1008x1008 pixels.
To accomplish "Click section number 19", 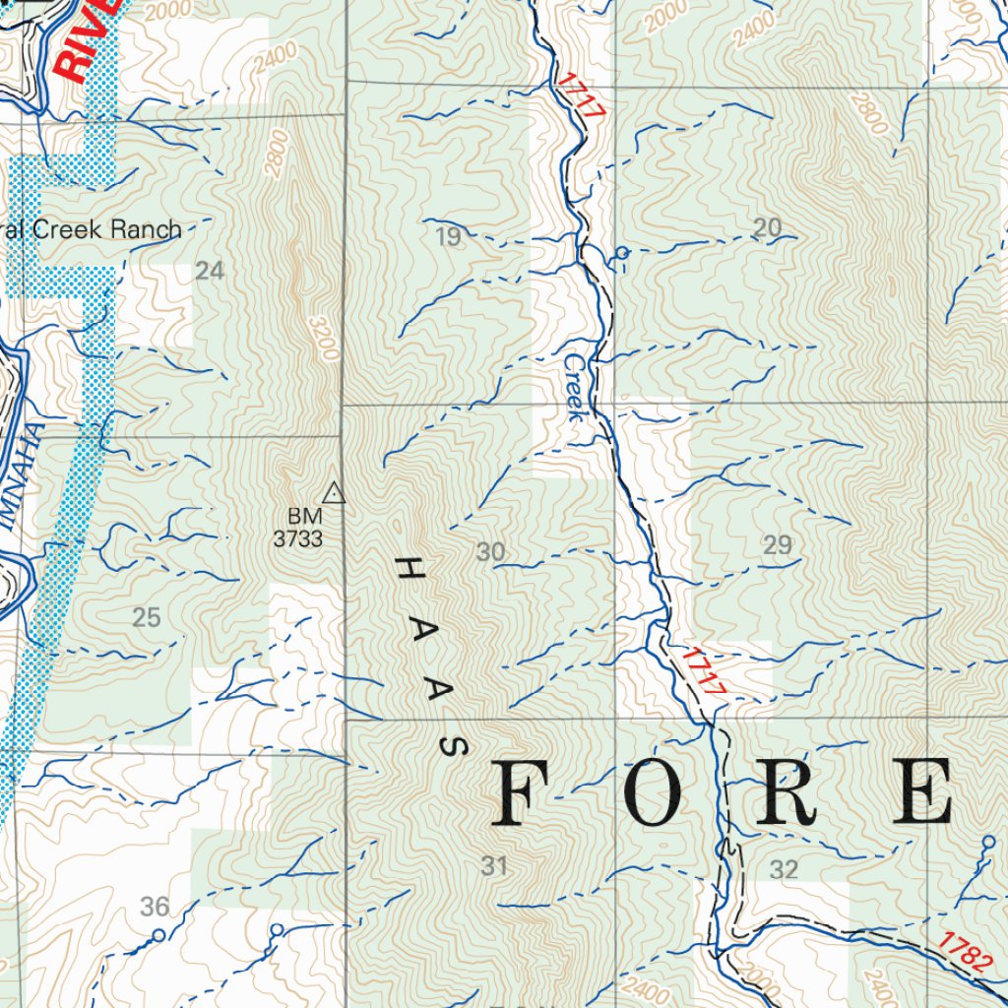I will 447,236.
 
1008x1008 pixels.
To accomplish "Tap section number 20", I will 767,228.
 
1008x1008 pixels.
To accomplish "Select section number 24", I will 210,271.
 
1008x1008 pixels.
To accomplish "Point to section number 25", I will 146,618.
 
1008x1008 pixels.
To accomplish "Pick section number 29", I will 778,544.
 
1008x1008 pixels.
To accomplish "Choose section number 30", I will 490,552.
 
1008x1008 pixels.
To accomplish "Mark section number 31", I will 494,866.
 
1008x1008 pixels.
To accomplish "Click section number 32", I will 784,869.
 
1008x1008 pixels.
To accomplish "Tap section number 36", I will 155,907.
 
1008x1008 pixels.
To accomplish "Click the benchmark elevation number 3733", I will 298,538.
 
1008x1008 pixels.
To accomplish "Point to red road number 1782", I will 965,953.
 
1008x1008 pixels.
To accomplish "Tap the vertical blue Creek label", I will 575,388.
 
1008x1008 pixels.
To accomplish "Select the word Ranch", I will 146,229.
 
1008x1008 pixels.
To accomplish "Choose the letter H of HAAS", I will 405,569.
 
